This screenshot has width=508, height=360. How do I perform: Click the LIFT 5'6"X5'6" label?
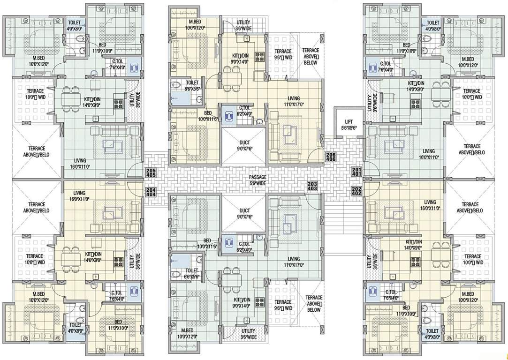(348, 124)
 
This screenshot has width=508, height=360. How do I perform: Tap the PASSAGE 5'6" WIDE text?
(258, 180)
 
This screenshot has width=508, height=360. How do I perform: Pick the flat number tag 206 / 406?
(330, 157)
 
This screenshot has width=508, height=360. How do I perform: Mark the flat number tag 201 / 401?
(356, 172)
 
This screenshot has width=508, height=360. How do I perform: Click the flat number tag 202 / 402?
(356, 191)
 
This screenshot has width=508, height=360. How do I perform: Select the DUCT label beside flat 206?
(244, 145)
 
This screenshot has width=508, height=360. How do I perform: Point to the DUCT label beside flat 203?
(244, 214)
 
